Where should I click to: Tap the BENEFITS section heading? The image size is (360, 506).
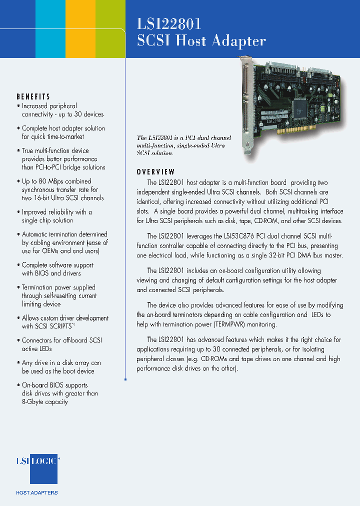33,96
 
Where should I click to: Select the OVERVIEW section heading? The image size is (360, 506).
156,172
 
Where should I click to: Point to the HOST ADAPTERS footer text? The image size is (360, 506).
37,493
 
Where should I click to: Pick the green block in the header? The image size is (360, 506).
110,29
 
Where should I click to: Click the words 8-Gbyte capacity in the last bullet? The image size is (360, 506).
45,402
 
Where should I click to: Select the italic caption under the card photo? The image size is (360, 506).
181,145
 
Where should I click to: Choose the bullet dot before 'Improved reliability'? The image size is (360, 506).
18,212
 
